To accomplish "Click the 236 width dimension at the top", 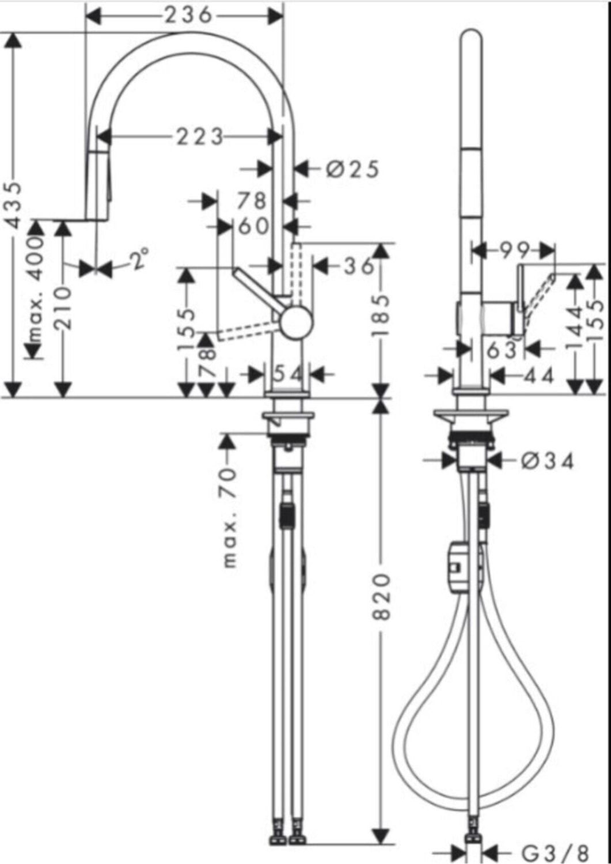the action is (x=188, y=16).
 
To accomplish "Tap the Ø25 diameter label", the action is (x=352, y=169).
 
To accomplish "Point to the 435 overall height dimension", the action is (x=14, y=206).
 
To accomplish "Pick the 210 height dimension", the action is (x=63, y=309).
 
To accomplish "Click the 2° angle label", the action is (x=139, y=259).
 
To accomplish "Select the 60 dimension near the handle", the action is (x=253, y=226).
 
